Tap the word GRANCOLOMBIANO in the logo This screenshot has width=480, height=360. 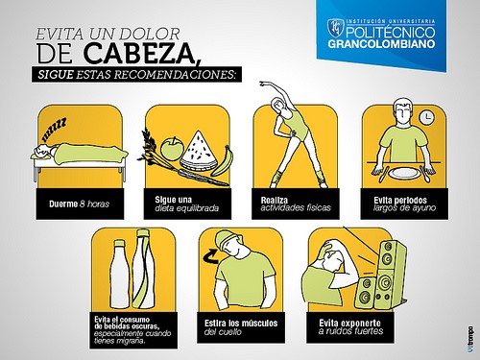click(381, 43)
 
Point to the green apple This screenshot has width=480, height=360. click(172, 149)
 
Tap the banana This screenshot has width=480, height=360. click(223, 161)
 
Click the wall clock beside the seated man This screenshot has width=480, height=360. click(426, 117)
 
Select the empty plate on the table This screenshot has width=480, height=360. click(405, 173)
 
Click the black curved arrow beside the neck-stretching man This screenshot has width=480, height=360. click(210, 256)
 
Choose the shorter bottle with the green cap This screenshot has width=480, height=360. click(121, 275)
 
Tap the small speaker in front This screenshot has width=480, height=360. click(365, 294)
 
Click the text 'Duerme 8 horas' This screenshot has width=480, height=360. click(79, 204)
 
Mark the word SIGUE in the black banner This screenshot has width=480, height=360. click(56, 75)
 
